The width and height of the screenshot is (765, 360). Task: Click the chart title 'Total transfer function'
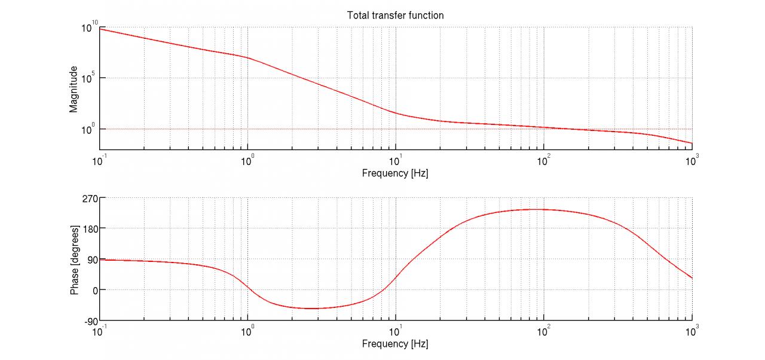(x=395, y=16)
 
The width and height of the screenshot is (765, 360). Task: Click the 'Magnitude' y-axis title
(x=74, y=89)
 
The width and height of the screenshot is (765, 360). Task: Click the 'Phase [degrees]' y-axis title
(x=75, y=260)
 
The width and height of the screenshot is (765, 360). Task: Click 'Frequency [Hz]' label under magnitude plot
(x=395, y=173)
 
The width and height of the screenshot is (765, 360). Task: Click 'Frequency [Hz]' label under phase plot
(x=395, y=344)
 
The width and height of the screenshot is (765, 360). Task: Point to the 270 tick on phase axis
(x=89, y=197)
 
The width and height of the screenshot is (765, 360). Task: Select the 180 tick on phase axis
(x=89, y=228)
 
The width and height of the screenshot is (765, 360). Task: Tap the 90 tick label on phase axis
(x=91, y=259)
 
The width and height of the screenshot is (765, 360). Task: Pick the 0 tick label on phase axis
(x=93, y=290)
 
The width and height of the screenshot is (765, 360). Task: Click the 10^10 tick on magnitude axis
(x=88, y=27)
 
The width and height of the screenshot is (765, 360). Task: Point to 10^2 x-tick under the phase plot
(x=543, y=330)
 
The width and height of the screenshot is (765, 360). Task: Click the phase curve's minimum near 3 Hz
(x=313, y=309)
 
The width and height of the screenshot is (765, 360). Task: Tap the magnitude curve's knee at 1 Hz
(x=247, y=57)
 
